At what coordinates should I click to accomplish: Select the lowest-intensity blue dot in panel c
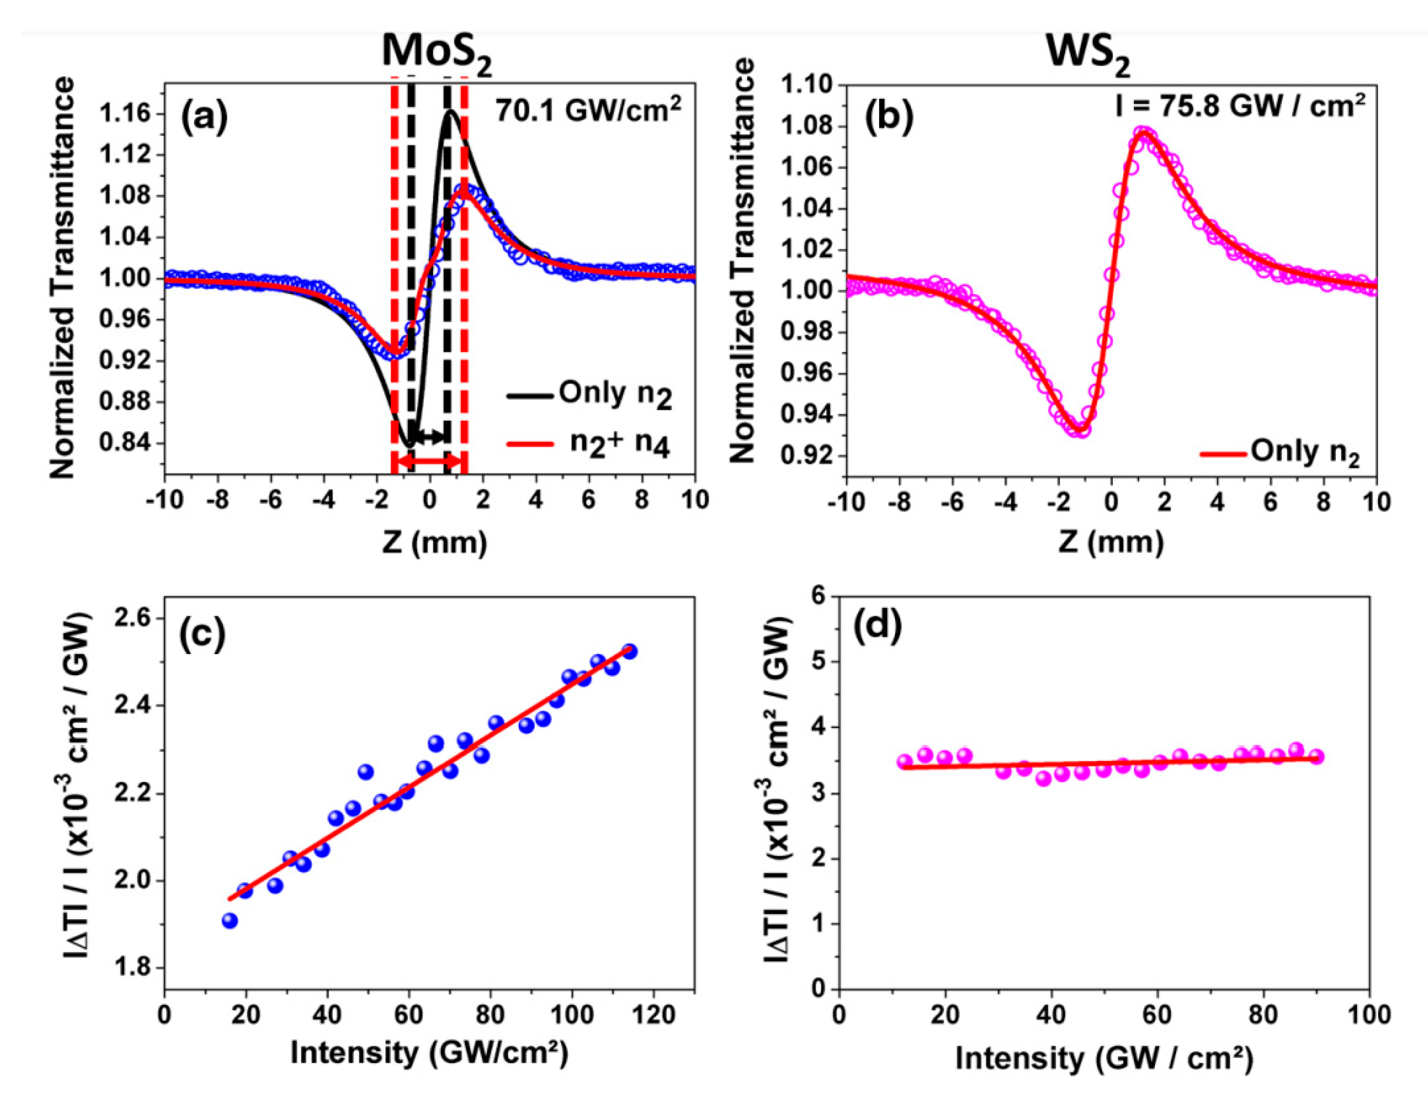point(229,921)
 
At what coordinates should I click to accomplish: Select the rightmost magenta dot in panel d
point(1316,757)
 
